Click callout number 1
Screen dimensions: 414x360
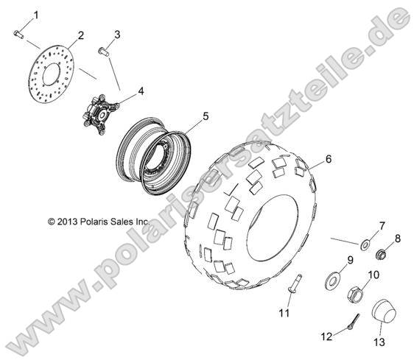point(36,15)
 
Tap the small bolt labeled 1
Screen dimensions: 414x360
point(18,34)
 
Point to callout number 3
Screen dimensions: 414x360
point(117,35)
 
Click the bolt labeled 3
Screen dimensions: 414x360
point(104,52)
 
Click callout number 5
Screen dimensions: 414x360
point(205,116)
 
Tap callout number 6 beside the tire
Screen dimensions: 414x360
point(328,159)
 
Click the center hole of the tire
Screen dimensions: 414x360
point(272,228)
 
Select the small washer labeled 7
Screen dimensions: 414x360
point(365,245)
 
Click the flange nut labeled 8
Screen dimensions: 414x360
point(381,255)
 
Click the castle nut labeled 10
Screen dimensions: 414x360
point(355,294)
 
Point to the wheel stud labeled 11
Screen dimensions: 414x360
point(295,283)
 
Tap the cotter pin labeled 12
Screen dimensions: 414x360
point(354,321)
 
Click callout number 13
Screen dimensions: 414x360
point(379,342)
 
